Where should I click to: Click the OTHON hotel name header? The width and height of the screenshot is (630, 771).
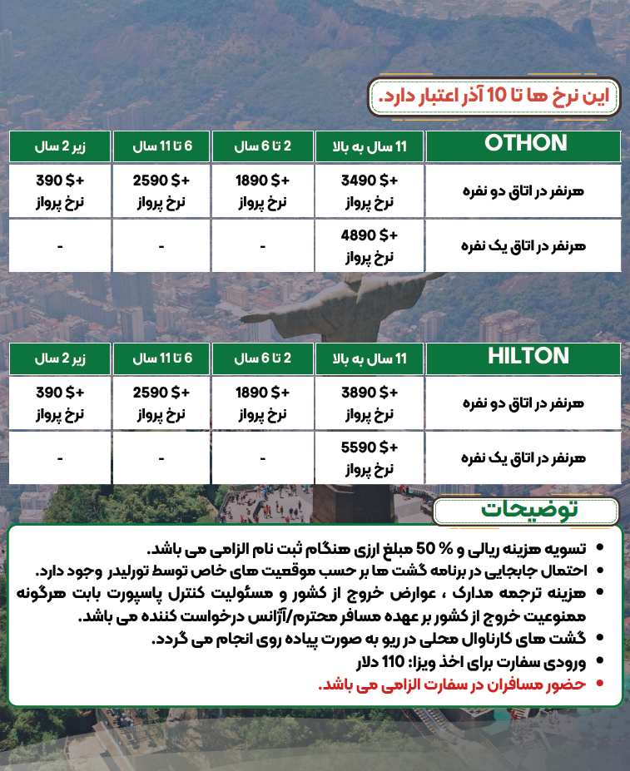(525, 144)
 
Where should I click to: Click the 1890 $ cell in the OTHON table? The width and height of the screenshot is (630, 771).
(262, 190)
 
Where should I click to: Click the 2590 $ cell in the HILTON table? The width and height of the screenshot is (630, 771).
(161, 403)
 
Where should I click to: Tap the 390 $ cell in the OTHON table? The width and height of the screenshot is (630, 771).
(61, 190)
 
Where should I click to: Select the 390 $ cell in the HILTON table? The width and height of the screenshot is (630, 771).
(61, 403)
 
